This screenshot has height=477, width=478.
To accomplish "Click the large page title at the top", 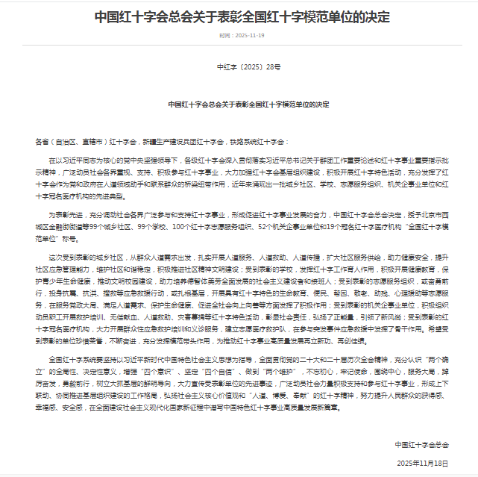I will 239,16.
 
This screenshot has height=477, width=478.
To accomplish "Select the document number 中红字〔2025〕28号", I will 239,67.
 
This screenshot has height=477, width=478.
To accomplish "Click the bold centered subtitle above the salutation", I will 239,105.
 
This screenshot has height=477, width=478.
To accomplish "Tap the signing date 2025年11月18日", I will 423,463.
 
